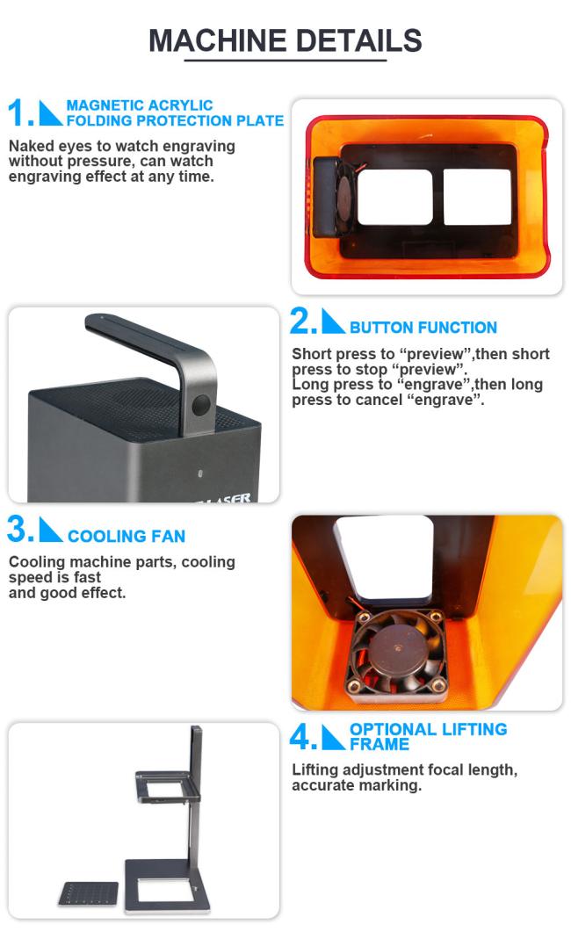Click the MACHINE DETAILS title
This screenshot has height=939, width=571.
tap(285, 40)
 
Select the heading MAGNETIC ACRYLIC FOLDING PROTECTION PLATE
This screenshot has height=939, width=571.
tap(175, 113)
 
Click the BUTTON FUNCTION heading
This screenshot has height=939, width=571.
tap(423, 328)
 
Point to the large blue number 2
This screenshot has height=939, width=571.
tap(301, 321)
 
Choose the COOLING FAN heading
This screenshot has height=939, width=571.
tap(126, 536)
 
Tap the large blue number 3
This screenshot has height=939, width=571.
tap(18, 530)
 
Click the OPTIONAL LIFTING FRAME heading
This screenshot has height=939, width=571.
tap(429, 737)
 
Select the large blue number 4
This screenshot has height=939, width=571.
tap(300, 737)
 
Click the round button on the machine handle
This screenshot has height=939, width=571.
tap(201, 406)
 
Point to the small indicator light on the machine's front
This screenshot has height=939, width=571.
tap(199, 474)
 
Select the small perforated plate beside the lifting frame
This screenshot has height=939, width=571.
tap(89, 893)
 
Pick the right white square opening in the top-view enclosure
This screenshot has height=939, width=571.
tap(477, 197)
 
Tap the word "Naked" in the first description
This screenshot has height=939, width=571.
tap(31, 146)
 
